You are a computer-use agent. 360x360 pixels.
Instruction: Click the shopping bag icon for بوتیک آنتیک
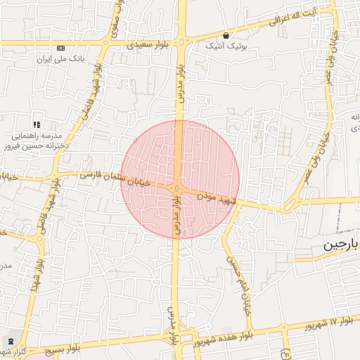click(226, 34)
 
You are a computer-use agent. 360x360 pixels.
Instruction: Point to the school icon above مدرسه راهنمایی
click(36, 124)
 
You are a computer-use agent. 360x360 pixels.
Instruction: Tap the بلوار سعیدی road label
click(148, 45)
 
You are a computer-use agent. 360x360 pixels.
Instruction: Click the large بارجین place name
click(342, 245)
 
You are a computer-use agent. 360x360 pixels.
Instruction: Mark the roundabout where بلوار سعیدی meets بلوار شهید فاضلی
click(105, 42)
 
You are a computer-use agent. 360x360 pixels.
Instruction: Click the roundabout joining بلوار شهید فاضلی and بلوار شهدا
click(37, 238)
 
